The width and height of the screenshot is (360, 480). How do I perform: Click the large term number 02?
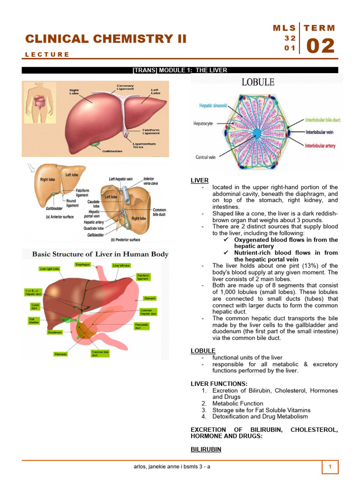pyautogui.click(x=321, y=46)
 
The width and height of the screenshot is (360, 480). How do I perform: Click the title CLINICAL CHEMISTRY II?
pyautogui.click(x=106, y=39)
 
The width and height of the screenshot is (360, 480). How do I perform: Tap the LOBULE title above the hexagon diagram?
pyautogui.click(x=258, y=82)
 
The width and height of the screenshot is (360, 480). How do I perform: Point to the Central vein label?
pyautogui.click(x=205, y=157)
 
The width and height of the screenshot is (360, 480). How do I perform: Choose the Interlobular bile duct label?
pyautogui.click(x=322, y=120)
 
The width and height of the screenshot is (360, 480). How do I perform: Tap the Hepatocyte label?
pyautogui.click(x=203, y=124)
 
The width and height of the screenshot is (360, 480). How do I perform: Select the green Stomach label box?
pyautogui.click(x=150, y=298)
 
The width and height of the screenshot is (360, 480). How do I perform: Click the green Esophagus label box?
pyautogui.click(x=82, y=265)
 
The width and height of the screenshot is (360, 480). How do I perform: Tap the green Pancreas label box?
pyautogui.click(x=61, y=354)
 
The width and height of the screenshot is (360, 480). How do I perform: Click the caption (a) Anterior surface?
pyautogui.click(x=60, y=217)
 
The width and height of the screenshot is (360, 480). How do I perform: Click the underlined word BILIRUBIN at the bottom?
pyautogui.click(x=206, y=449)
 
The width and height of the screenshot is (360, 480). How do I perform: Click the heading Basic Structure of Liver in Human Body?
pyautogui.click(x=100, y=254)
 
